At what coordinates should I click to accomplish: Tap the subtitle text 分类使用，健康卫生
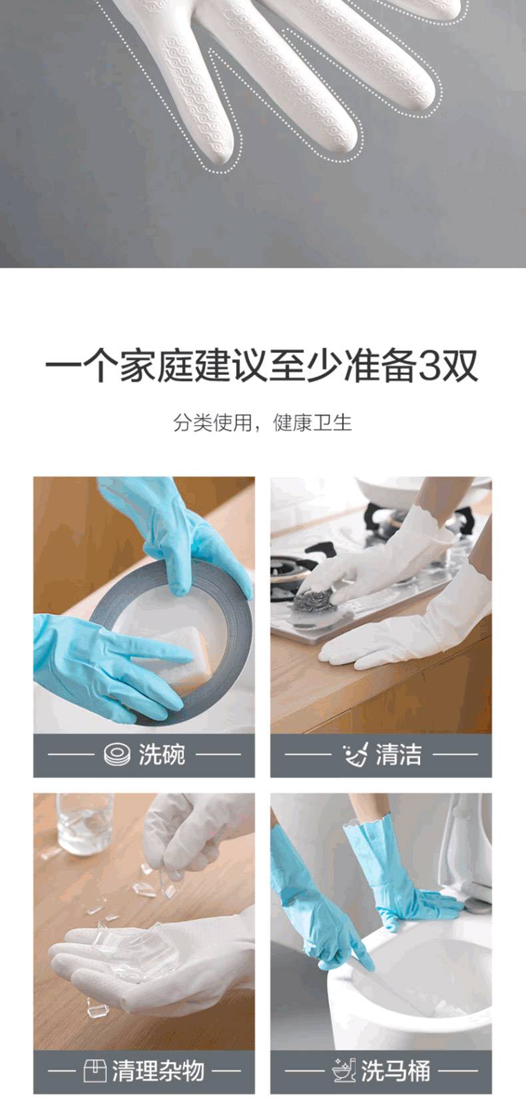[262, 423]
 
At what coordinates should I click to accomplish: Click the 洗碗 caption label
[161, 755]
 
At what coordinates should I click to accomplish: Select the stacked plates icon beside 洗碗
[117, 755]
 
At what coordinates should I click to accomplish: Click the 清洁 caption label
[398, 755]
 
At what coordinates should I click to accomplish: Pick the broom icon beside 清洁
[356, 755]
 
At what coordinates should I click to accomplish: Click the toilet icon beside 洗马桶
[344, 1070]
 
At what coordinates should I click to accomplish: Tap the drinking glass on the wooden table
[85, 824]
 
